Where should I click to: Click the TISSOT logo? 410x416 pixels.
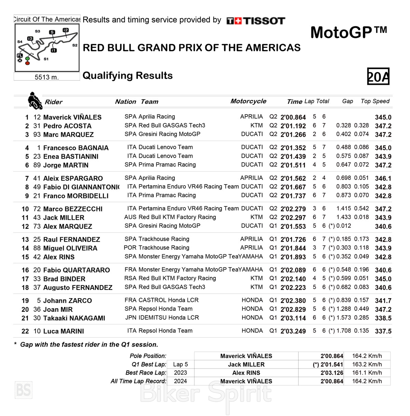[x=256, y=21]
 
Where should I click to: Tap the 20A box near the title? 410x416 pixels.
[x=378, y=77]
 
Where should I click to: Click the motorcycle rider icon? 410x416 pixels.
[x=34, y=100]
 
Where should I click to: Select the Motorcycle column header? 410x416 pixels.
[x=248, y=101]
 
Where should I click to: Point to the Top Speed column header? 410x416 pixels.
[x=375, y=101]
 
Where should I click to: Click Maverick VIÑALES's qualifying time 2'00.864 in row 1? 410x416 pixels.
[x=293, y=117]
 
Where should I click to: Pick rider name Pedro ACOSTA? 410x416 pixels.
[x=67, y=126]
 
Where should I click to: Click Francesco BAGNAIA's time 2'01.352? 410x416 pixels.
[x=293, y=148]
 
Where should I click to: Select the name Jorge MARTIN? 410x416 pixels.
[x=66, y=165]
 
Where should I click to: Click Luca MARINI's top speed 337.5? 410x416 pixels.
[x=383, y=331]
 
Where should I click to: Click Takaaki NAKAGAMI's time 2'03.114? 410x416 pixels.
[x=293, y=318]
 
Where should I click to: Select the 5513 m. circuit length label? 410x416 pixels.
[x=46, y=77]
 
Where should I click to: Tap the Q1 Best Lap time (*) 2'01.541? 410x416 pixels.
[x=328, y=365]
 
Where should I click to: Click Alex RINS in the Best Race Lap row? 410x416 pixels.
[x=246, y=373]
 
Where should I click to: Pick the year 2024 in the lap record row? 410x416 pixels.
[x=180, y=381]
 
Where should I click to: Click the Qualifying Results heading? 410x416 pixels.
[x=128, y=76]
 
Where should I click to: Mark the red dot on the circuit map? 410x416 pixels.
[x=27, y=63]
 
